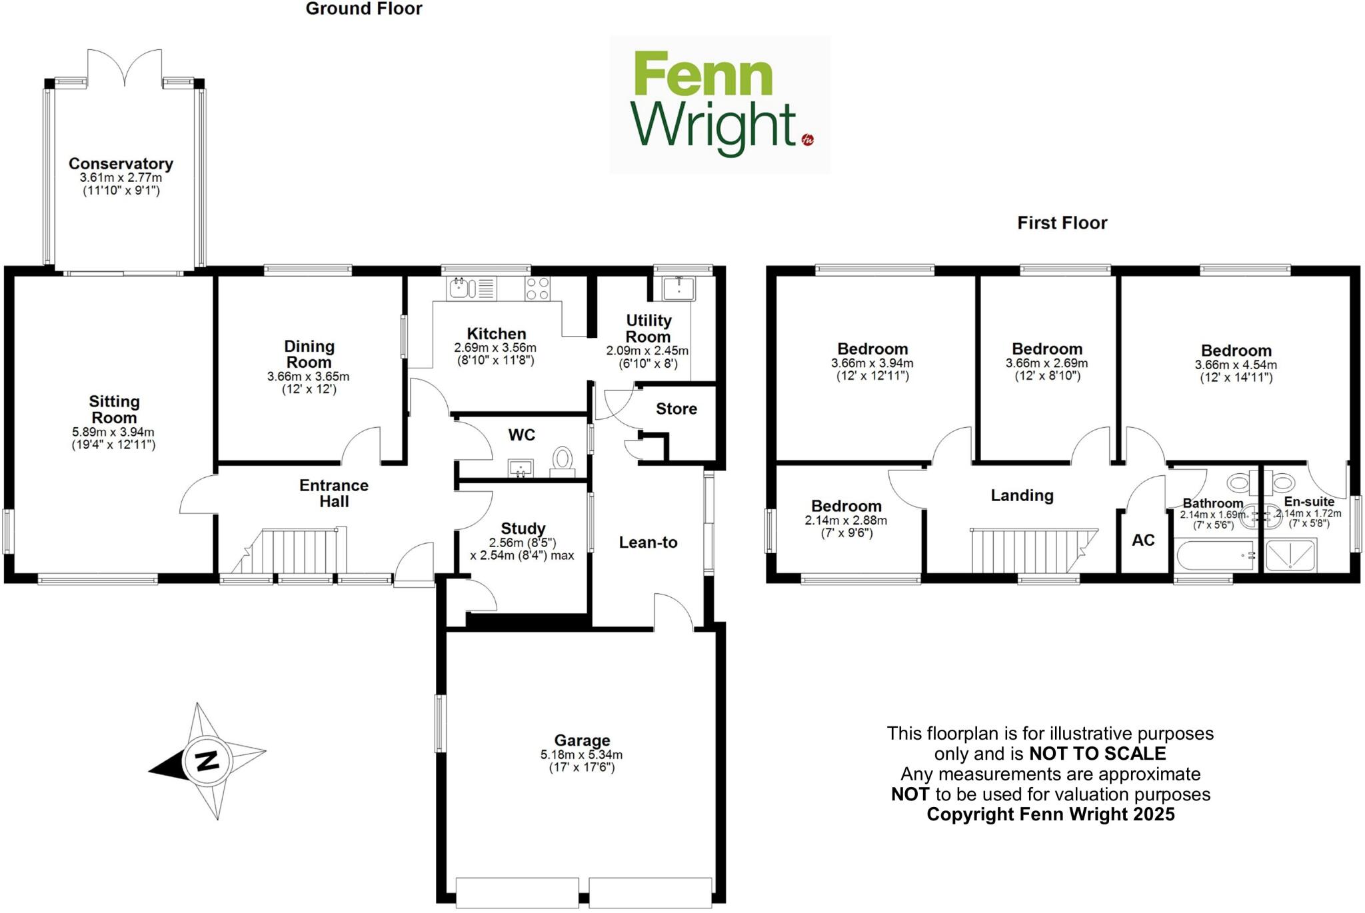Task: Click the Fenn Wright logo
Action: (719, 105)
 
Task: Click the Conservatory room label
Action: (121, 164)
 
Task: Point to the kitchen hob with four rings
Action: (537, 289)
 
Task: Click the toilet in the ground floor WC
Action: (563, 460)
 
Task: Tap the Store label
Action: (676, 409)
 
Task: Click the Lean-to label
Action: (648, 542)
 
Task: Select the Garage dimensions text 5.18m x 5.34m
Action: (581, 755)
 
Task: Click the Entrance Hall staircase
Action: (293, 551)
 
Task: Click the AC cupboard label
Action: (1143, 540)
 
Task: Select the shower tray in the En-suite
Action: (1290, 555)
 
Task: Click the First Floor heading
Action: (1062, 223)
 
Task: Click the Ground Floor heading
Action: (364, 9)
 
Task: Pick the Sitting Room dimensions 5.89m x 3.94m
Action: (113, 433)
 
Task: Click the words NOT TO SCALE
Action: (1098, 754)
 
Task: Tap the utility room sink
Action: (679, 289)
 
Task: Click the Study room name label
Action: (523, 528)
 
